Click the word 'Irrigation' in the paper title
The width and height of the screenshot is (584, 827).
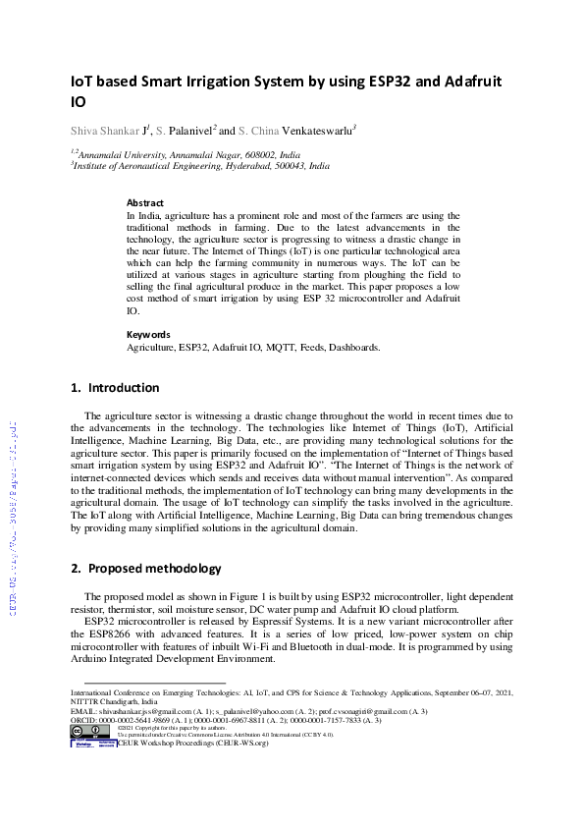[x=220, y=82]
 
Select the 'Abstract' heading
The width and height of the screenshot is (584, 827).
[x=145, y=202]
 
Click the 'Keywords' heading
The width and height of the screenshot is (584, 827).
[x=148, y=334]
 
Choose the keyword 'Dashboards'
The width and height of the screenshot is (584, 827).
[x=353, y=347]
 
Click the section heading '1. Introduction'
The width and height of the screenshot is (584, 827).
[x=115, y=388]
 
